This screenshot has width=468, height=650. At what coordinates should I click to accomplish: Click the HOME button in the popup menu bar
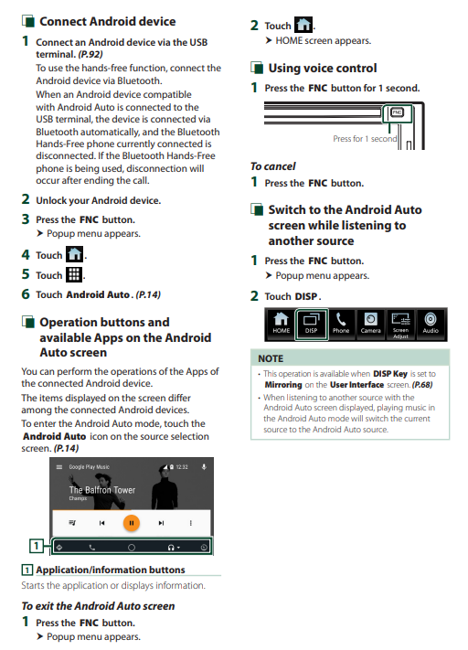[281, 325]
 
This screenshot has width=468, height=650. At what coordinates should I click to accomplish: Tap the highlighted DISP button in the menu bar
[312, 325]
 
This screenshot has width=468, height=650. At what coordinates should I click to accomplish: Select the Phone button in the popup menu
[341, 325]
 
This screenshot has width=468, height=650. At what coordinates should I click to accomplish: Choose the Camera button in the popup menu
[370, 325]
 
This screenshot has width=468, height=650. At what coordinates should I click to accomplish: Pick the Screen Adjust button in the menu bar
[401, 325]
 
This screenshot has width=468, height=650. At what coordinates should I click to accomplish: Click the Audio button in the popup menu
[431, 325]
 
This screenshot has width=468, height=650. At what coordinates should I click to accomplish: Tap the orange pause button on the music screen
[132, 523]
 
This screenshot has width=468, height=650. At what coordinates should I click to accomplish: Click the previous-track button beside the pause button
[102, 523]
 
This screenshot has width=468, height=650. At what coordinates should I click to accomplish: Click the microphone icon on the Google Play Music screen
[204, 467]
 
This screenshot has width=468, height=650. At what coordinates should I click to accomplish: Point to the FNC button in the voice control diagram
[397, 112]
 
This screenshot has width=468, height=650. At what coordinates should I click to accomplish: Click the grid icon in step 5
[74, 274]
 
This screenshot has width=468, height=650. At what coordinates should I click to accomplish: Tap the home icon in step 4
[75, 254]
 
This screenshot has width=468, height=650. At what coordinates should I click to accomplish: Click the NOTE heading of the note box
[271, 358]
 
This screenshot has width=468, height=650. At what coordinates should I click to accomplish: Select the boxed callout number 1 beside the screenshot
[37, 546]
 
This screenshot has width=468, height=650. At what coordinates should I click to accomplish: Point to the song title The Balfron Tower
[102, 490]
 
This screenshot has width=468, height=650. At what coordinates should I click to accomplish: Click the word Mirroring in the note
[283, 385]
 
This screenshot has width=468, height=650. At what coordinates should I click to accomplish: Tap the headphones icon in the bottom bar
[171, 548]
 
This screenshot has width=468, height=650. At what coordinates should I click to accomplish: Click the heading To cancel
[272, 166]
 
